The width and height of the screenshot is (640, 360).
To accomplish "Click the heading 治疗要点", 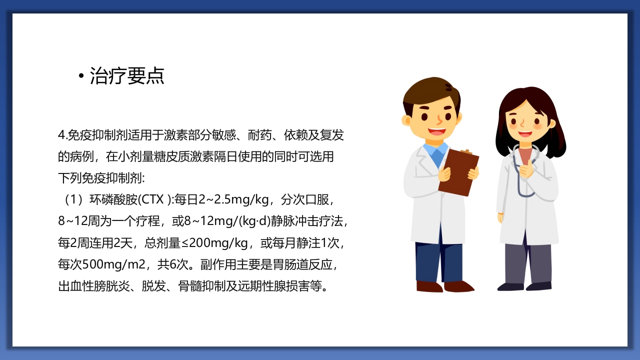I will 127,76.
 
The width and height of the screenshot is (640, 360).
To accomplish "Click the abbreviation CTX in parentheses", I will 153,200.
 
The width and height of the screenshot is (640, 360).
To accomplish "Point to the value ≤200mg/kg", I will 213,243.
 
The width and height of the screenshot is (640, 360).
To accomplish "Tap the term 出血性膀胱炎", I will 94,287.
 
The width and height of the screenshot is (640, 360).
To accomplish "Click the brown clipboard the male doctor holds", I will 458,172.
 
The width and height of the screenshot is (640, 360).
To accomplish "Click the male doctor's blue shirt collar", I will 435,151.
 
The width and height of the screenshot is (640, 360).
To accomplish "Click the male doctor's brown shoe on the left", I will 429,286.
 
